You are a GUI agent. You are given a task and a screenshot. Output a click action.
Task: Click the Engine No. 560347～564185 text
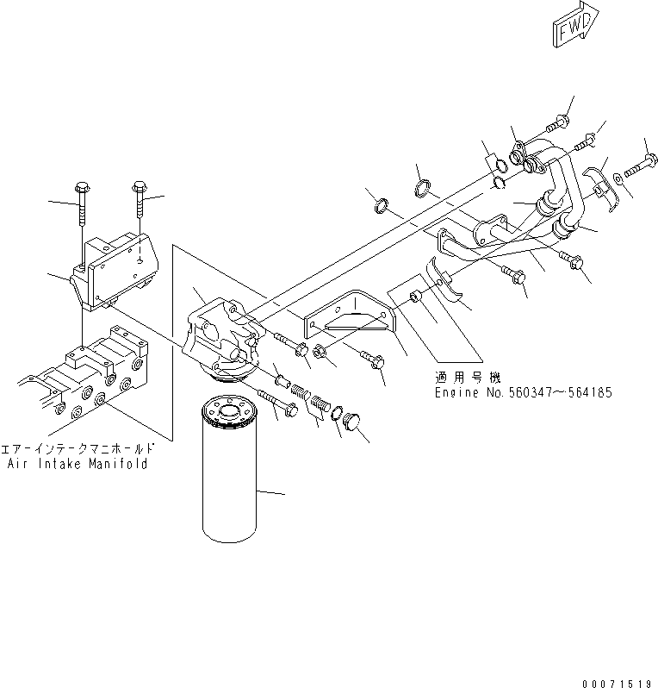tap(523, 391)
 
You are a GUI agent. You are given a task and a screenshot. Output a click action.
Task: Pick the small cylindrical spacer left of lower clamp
tap(415, 297)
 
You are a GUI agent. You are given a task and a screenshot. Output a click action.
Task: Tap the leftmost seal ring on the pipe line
tap(380, 206)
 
